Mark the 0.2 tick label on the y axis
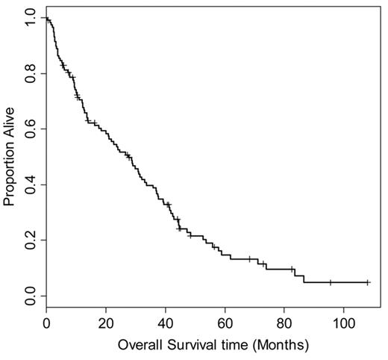pyautogui.click(x=30, y=240)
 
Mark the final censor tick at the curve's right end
pyautogui.click(x=367, y=282)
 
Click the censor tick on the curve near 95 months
pyautogui.click(x=330, y=282)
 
